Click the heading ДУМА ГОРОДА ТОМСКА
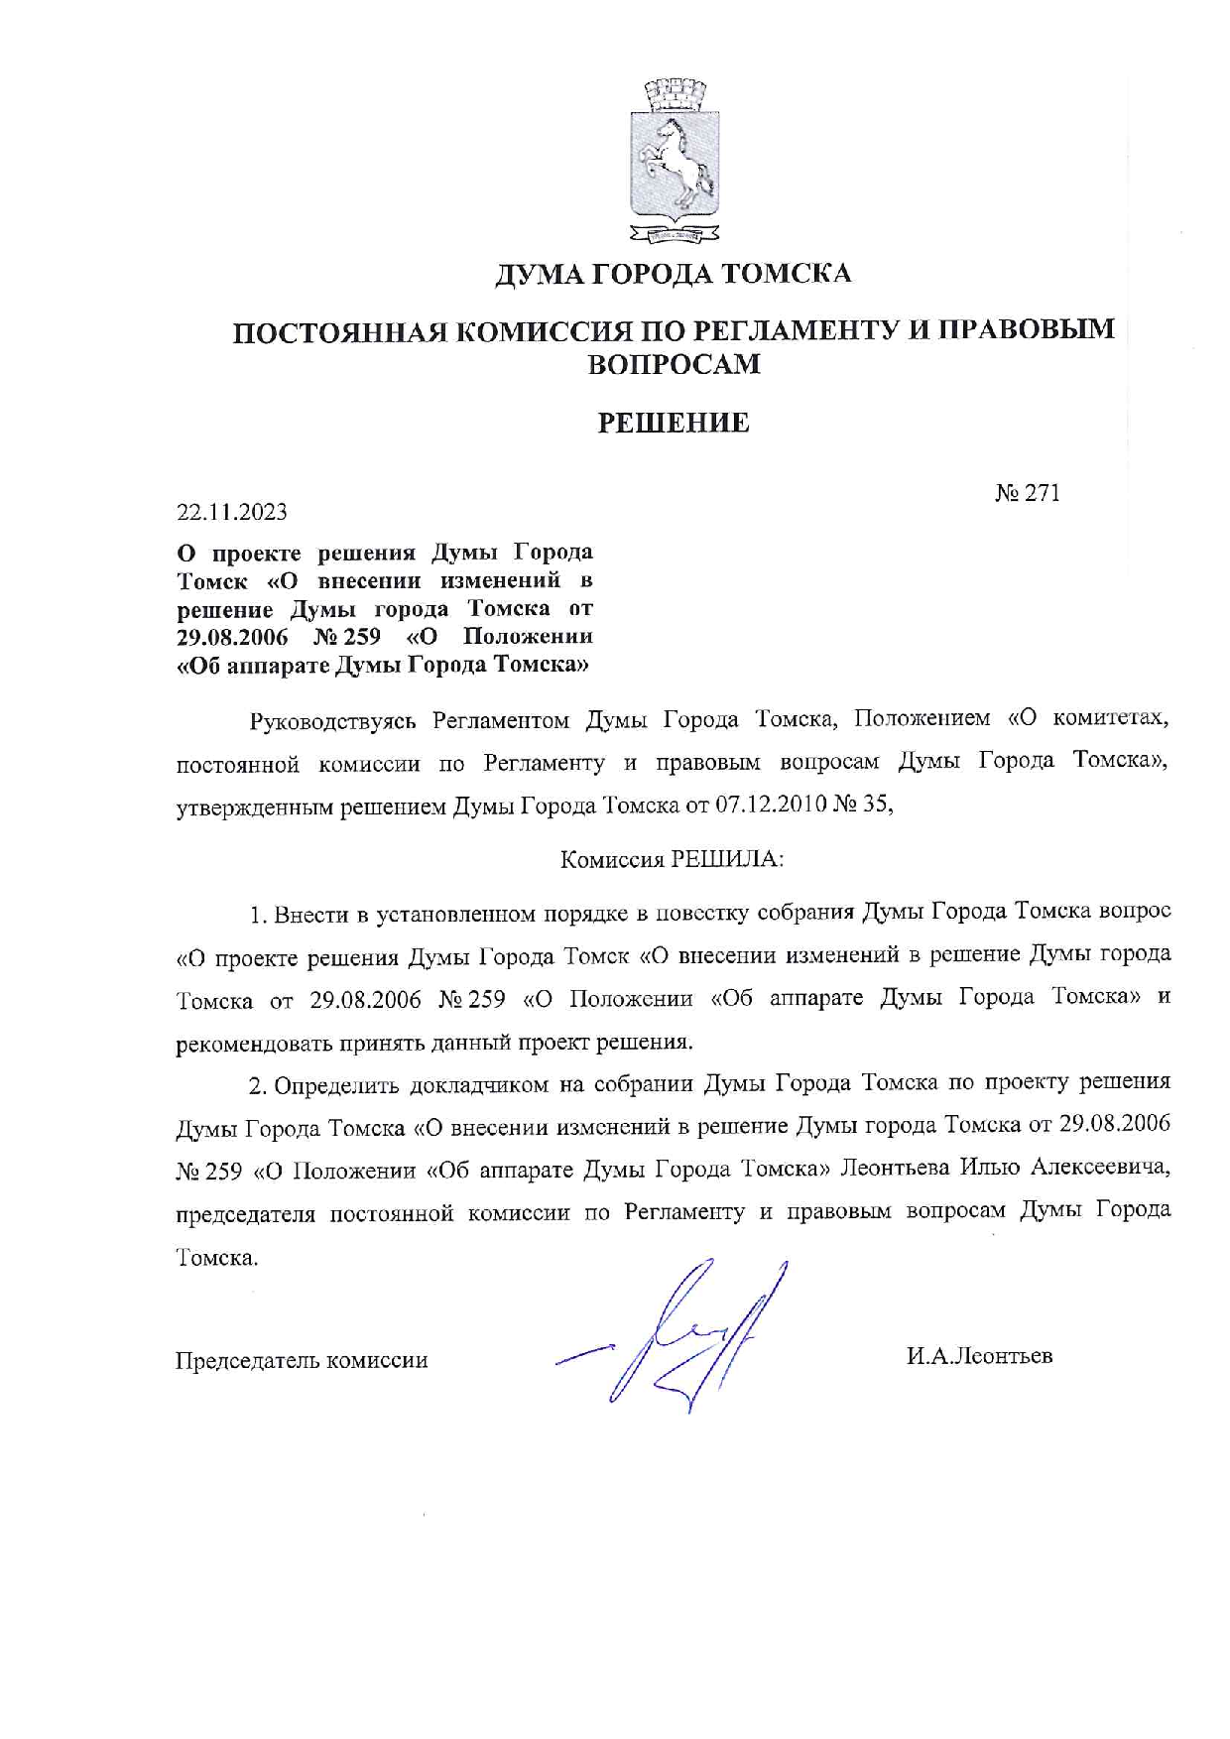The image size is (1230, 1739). tap(674, 274)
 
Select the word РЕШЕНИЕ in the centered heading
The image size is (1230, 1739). tap(674, 424)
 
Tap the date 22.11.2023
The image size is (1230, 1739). tap(232, 512)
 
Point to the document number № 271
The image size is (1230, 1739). tap(1028, 493)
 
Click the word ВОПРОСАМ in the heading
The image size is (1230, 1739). tap(674, 365)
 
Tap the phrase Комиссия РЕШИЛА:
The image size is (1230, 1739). tap(672, 859)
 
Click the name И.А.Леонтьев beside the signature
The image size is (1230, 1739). tap(979, 1356)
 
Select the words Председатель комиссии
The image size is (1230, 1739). tap(302, 1360)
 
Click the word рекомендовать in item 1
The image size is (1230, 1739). tap(254, 1044)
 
